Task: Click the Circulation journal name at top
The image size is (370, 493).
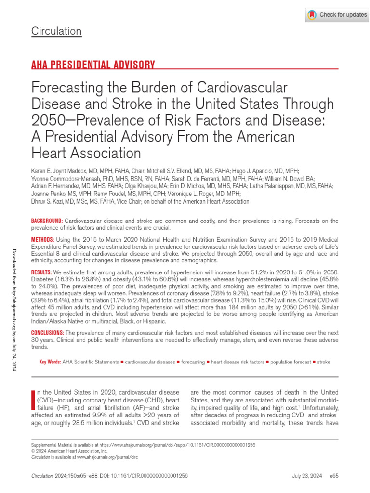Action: (x=56, y=31)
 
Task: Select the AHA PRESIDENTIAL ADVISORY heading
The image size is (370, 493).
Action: (x=93, y=65)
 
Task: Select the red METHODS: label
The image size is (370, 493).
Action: (x=43, y=239)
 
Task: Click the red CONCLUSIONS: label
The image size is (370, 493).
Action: (x=47, y=333)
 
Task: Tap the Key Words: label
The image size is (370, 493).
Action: (x=50, y=362)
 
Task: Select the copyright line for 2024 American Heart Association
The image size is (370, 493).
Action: (x=69, y=452)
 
